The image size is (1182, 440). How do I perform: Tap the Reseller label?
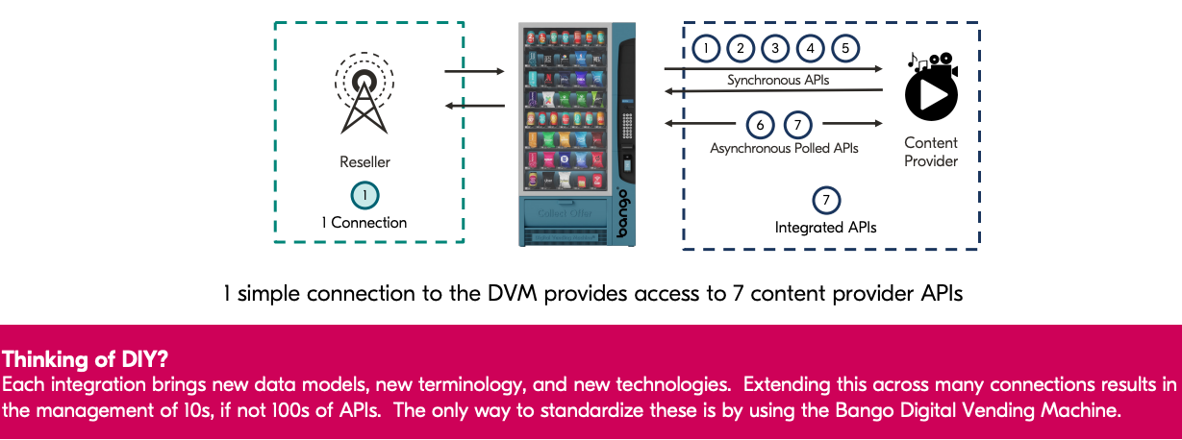coord(364,162)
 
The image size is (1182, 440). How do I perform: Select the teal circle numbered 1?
coord(364,195)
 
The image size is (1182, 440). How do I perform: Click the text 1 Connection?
coord(364,223)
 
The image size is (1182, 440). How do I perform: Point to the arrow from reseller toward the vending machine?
coord(474,71)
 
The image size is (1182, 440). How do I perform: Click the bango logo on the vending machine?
coord(623,212)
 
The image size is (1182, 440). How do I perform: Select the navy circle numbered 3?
coord(775,48)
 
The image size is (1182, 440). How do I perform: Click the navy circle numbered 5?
coord(844,48)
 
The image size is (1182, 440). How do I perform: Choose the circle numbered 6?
coord(761,124)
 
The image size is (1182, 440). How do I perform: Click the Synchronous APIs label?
coord(777,81)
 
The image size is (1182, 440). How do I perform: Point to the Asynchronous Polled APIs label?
coord(784,149)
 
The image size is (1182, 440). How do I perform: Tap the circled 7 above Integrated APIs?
coord(825,201)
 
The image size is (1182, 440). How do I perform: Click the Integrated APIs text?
coord(825,228)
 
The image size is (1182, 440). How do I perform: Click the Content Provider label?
coord(931,152)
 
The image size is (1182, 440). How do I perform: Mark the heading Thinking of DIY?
coord(86,360)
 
